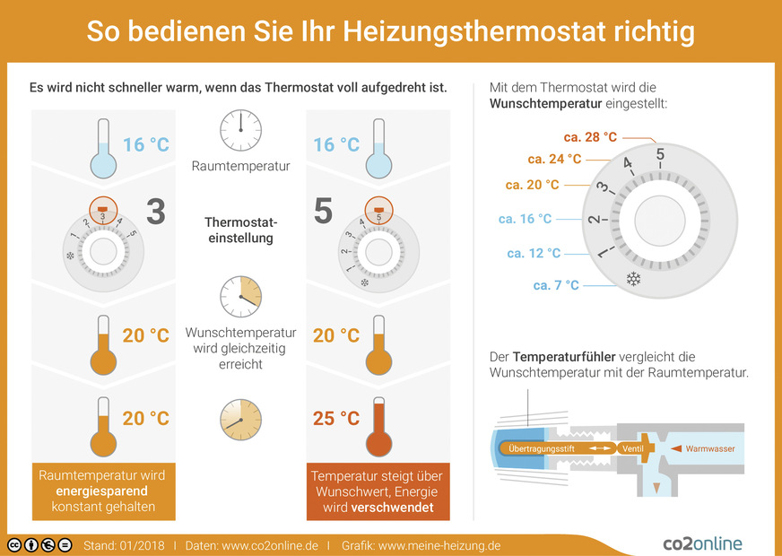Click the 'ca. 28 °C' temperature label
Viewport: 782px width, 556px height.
pos(590,137)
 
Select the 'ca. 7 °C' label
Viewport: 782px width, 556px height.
pos(556,285)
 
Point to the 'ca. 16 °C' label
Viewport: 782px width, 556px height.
pos(525,219)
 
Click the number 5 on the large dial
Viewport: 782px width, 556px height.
pos(660,154)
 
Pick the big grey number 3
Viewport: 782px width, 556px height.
pos(155,213)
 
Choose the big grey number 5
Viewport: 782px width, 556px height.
pos(324,213)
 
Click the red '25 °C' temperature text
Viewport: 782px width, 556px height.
pos(336,418)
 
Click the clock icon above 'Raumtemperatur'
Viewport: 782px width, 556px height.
pos(240,130)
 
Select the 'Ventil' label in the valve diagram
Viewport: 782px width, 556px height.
pos(633,447)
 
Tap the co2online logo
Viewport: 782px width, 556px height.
pos(702,543)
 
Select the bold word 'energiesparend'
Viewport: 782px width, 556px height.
pos(101,491)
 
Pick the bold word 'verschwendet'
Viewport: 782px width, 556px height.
pos(394,508)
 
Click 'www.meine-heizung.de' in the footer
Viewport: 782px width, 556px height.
pos(439,545)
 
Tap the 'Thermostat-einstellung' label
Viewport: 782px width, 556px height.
pos(240,230)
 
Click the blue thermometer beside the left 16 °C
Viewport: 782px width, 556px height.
pos(103,154)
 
